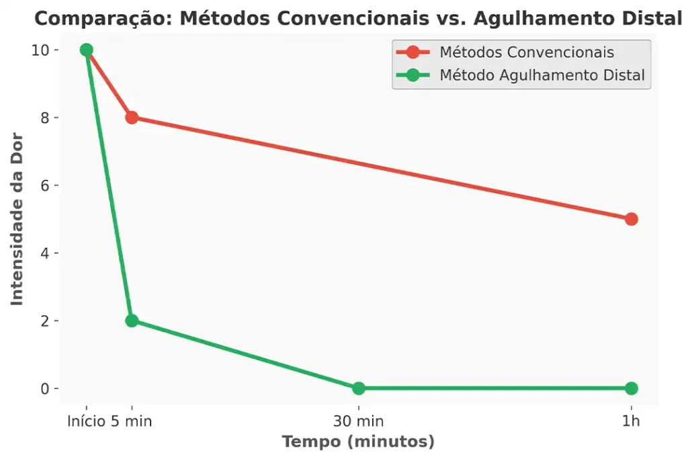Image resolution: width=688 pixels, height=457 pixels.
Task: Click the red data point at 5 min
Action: point(132,118)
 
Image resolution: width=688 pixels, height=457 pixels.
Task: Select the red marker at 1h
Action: point(631,219)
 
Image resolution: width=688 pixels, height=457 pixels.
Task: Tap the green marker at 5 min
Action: point(132,321)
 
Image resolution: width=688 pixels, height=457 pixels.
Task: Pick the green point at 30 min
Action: point(359,388)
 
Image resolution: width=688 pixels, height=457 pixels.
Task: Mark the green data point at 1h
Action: point(631,388)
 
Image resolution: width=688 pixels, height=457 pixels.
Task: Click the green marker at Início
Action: point(86,50)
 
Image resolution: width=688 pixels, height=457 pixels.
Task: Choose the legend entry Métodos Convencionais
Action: point(526,52)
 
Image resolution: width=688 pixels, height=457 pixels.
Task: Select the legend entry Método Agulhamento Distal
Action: point(542,75)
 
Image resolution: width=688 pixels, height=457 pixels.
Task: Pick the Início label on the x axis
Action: point(87,421)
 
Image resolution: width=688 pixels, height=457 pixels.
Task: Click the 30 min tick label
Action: point(359,421)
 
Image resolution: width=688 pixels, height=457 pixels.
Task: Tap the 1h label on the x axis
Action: point(631,421)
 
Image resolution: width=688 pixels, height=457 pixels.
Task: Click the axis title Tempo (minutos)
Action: point(358,442)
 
